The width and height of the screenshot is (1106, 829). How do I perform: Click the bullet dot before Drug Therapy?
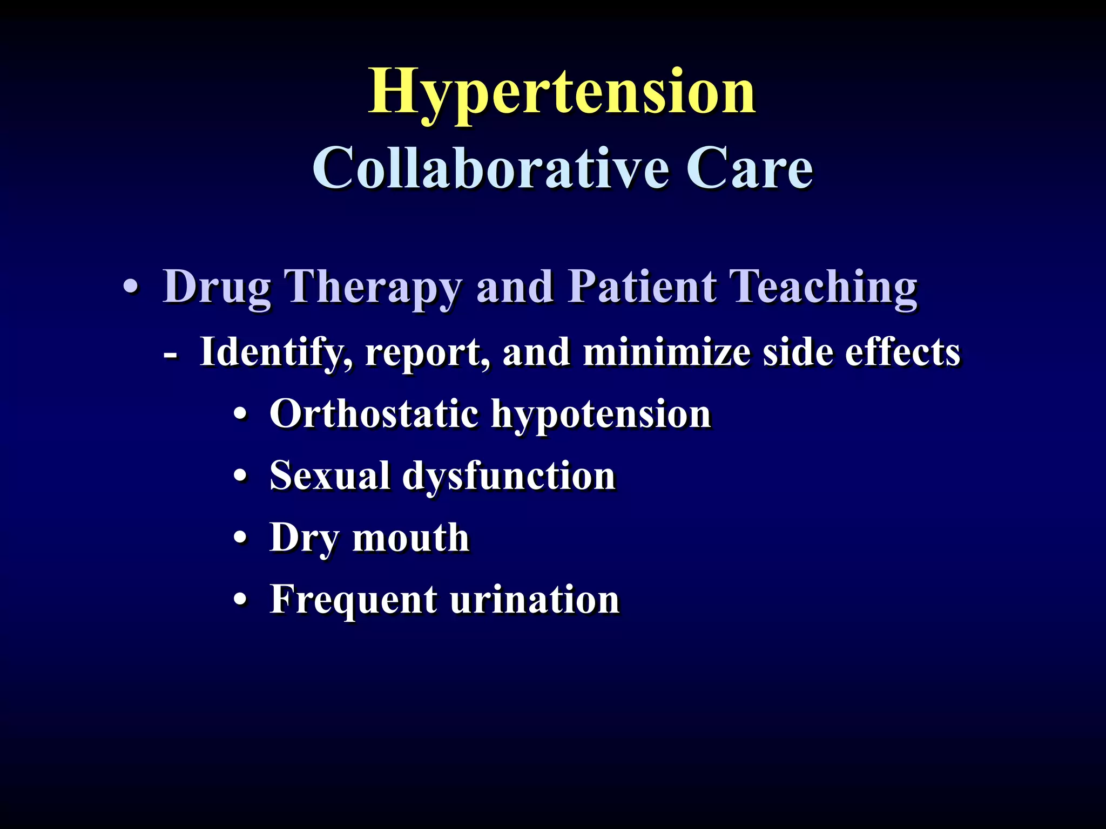click(130, 287)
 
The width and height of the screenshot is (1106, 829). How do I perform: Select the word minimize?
click(666, 352)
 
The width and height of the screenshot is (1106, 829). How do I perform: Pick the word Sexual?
click(329, 476)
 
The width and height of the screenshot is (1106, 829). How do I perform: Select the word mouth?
click(410, 538)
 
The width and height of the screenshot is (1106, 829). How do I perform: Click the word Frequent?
click(353, 600)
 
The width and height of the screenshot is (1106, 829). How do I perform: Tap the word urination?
click(535, 599)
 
